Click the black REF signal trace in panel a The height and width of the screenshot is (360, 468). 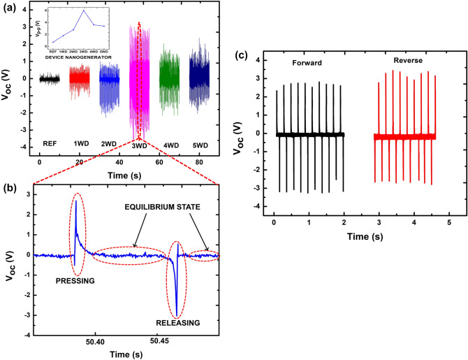49,78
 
